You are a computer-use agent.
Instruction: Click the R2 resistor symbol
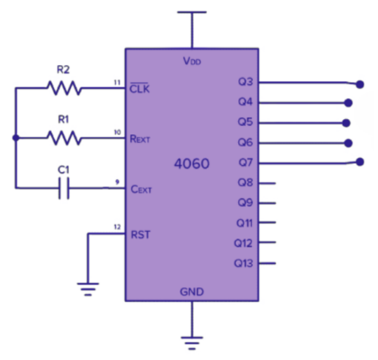64,88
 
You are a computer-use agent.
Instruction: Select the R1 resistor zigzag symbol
64,139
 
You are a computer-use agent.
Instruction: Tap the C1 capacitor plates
64,188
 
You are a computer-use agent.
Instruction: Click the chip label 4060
192,164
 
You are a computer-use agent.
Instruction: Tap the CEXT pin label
141,190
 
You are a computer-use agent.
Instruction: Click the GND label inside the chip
192,291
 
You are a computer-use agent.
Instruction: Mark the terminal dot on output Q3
360,85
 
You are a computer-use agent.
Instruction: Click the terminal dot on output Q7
360,162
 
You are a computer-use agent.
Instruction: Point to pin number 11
117,82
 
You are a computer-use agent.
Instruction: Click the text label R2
63,70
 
